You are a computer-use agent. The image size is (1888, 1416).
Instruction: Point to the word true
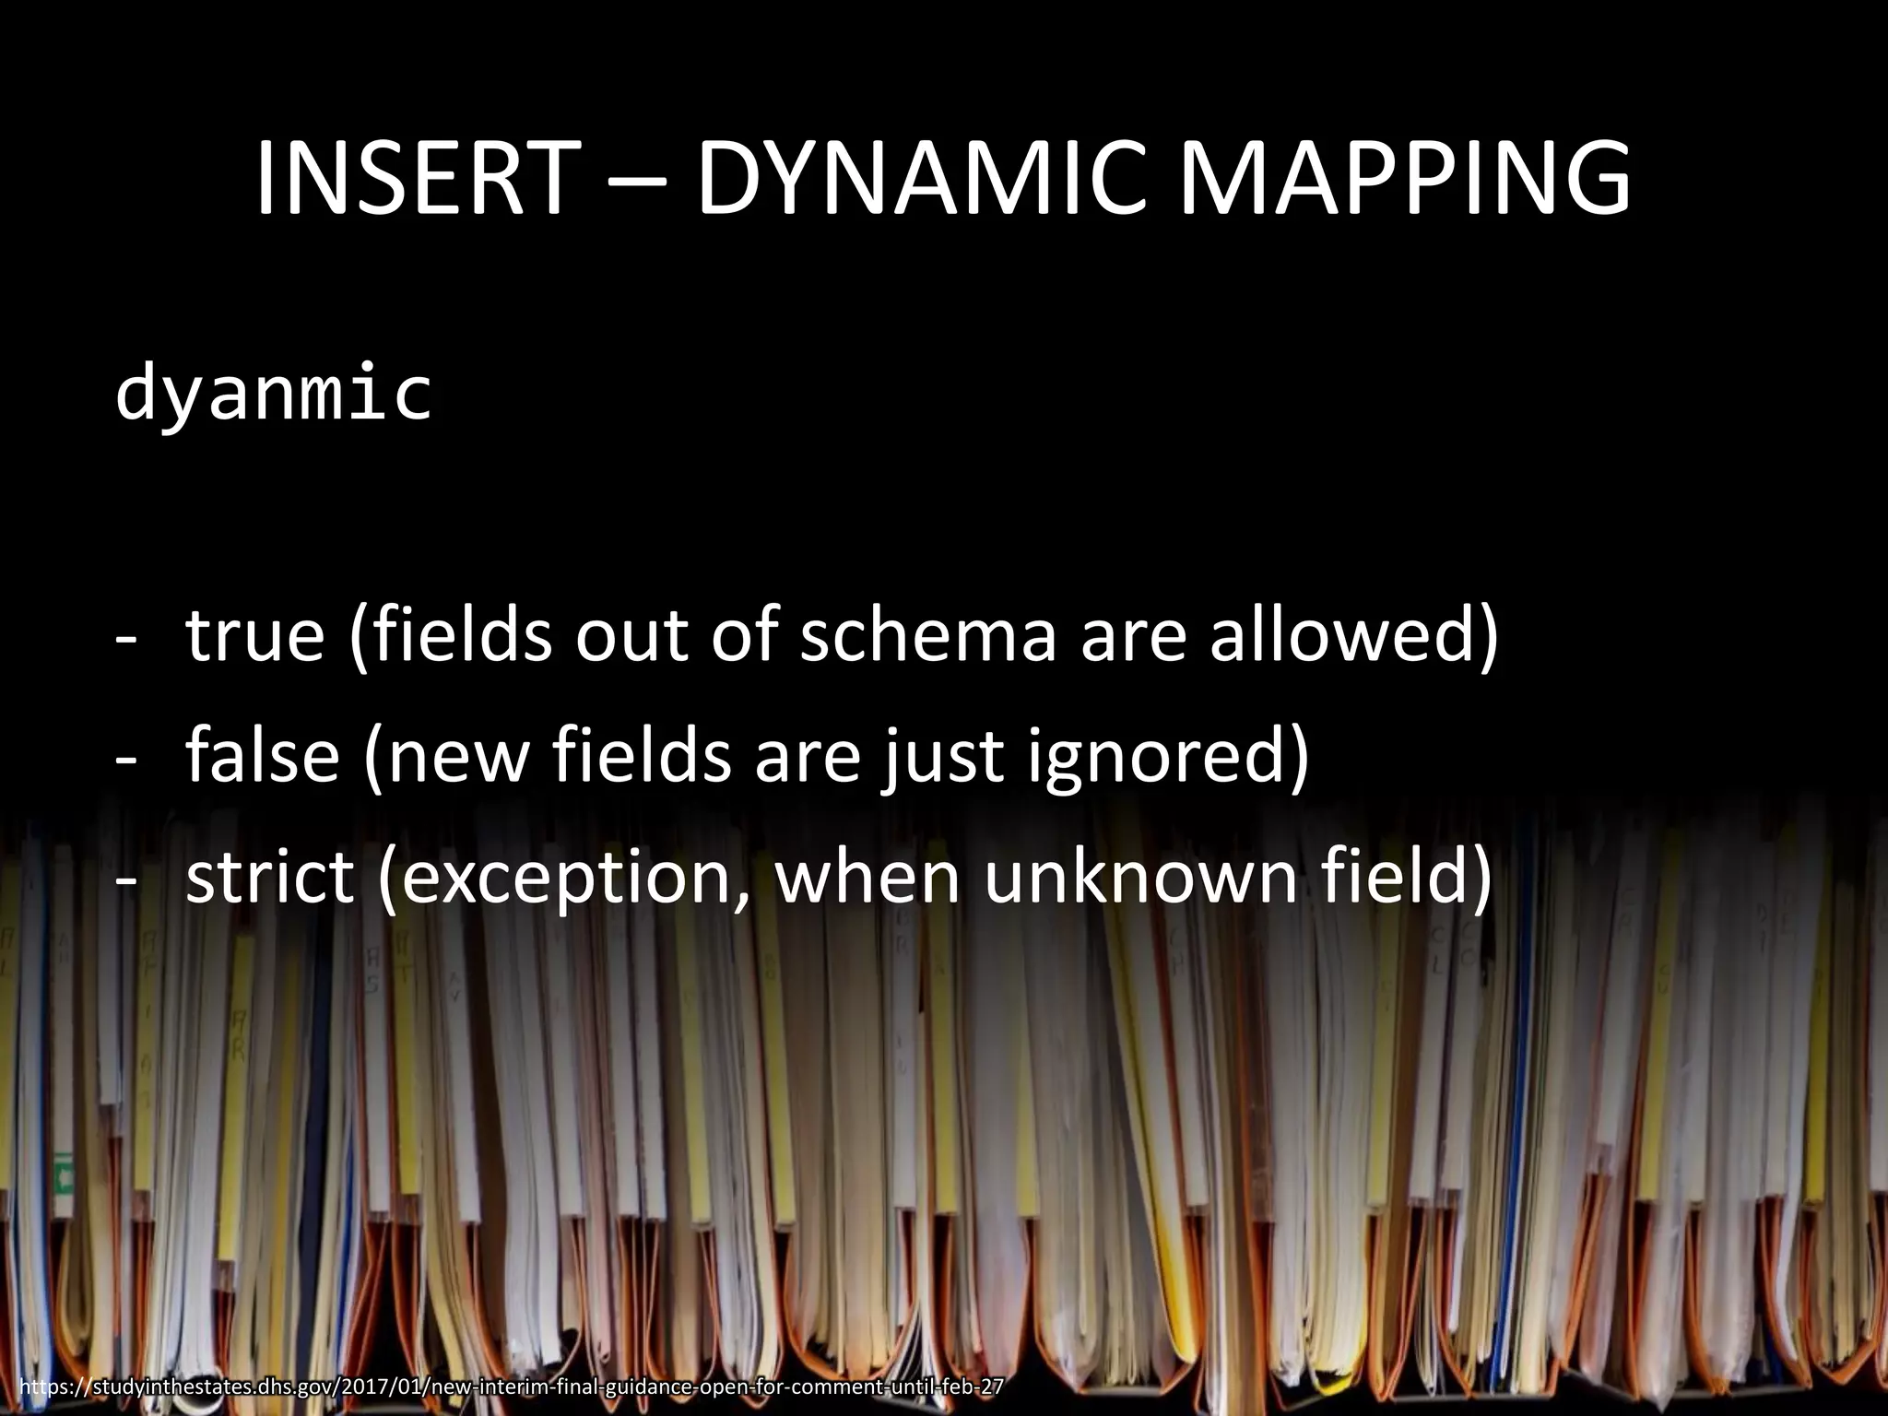255,635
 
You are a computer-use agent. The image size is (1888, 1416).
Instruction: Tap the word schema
926,635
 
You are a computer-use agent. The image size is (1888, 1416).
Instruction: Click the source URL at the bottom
511,1387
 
